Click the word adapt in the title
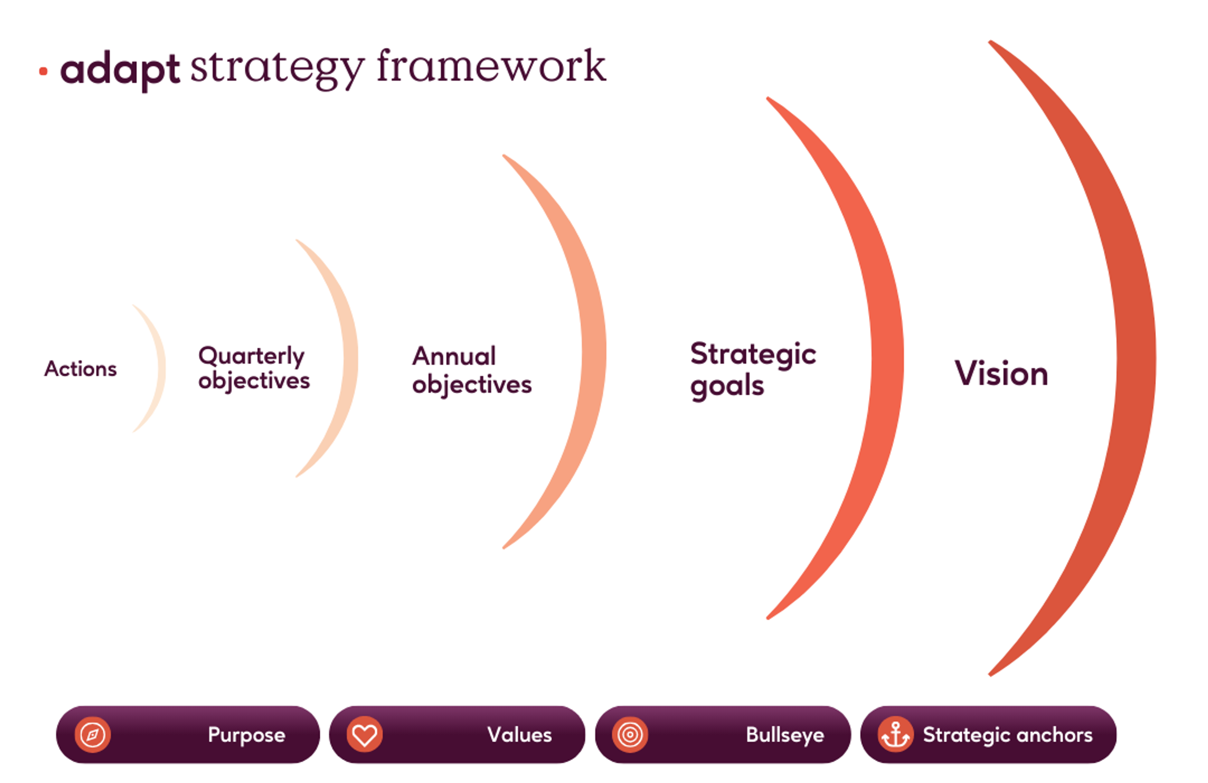[x=120, y=70]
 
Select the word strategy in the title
[x=277, y=68]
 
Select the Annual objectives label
[x=472, y=370]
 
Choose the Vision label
[x=1001, y=373]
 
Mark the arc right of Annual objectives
[x=594, y=351]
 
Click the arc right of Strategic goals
[x=887, y=358]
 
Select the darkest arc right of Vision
[x=1136, y=358]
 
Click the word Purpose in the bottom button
[x=247, y=735]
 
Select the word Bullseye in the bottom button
[x=785, y=735]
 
